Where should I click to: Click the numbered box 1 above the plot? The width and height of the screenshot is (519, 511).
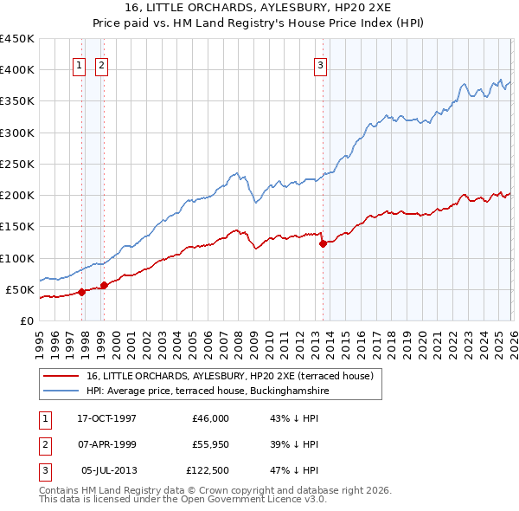[79, 64]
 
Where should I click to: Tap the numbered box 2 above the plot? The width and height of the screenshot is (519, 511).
[101, 64]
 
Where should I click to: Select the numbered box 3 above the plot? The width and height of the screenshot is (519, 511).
[320, 64]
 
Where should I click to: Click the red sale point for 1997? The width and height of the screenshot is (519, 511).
[81, 292]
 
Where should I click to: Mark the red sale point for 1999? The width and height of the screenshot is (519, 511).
[104, 285]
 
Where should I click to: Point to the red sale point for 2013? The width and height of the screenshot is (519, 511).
[323, 243]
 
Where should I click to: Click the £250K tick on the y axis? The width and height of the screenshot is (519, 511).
[17, 164]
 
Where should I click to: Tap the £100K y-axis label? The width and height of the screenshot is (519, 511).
[17, 258]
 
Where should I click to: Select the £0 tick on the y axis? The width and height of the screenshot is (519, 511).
[26, 320]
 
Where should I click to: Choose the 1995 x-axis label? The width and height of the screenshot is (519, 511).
[40, 342]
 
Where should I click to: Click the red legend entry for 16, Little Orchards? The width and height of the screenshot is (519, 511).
[229, 376]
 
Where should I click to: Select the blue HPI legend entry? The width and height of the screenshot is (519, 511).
[208, 391]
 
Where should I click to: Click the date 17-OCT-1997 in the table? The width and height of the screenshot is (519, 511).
[106, 418]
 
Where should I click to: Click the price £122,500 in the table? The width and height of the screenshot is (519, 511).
[206, 470]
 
